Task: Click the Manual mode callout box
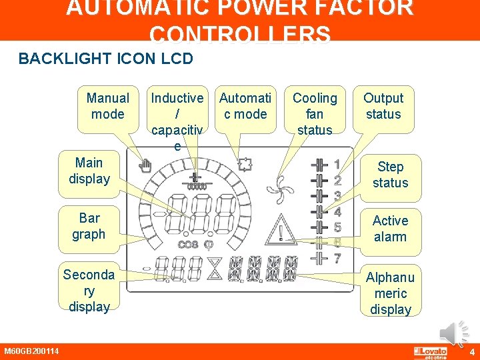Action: [107, 106]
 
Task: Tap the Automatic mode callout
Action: [245, 106]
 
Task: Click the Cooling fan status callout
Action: [315, 113]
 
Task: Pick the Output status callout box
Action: [383, 106]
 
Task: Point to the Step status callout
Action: [390, 175]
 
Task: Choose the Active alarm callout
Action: [390, 229]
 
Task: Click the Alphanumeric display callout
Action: [390, 293]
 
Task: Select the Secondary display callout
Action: [88, 291]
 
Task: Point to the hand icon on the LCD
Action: [143, 166]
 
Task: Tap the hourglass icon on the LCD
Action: [214, 268]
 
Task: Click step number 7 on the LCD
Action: [338, 259]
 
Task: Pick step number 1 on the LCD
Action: [337, 164]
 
